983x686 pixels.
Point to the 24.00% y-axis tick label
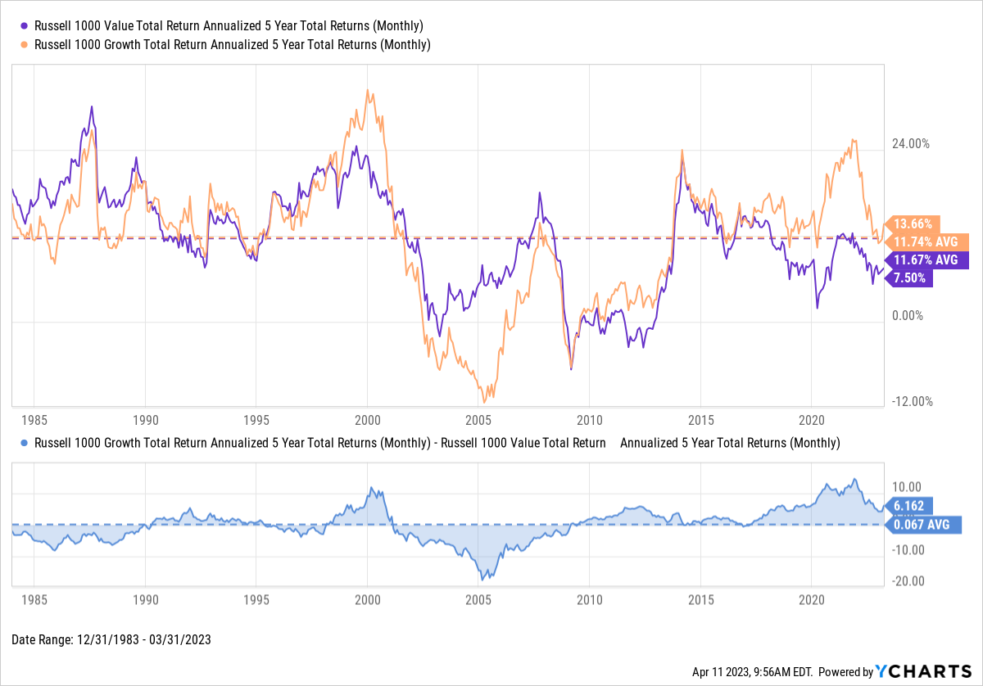[x=910, y=143]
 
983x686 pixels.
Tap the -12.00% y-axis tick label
[x=910, y=401]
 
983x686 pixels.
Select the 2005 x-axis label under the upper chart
[x=478, y=421]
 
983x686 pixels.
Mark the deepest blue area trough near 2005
[x=484, y=580]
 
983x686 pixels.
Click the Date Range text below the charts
[x=111, y=640]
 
